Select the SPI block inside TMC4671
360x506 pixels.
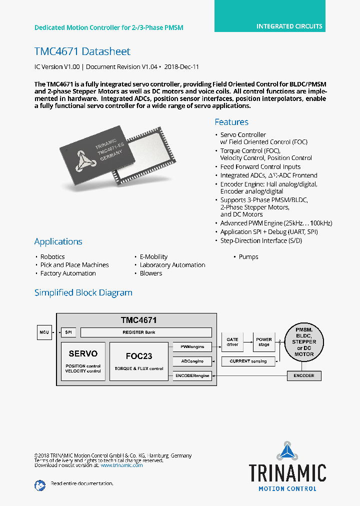click(x=68, y=332)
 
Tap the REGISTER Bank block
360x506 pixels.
click(x=146, y=332)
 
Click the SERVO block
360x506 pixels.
click(x=83, y=361)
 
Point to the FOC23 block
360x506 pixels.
click(x=139, y=361)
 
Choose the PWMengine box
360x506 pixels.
click(x=191, y=346)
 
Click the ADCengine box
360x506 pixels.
click(x=191, y=361)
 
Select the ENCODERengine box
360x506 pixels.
click(x=191, y=375)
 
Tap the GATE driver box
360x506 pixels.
click(x=232, y=342)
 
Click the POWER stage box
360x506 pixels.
click(x=264, y=342)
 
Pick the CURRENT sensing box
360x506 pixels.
click(x=248, y=361)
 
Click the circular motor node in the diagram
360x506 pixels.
click(x=304, y=342)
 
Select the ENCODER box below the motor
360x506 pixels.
click(x=304, y=375)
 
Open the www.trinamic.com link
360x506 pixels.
click(x=121, y=465)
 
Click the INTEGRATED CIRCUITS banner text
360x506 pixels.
click(x=289, y=26)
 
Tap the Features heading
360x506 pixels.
click(x=231, y=122)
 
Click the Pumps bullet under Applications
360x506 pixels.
click(x=248, y=257)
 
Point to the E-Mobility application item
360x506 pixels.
click(x=153, y=257)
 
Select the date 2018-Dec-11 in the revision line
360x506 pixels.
click(x=182, y=66)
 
